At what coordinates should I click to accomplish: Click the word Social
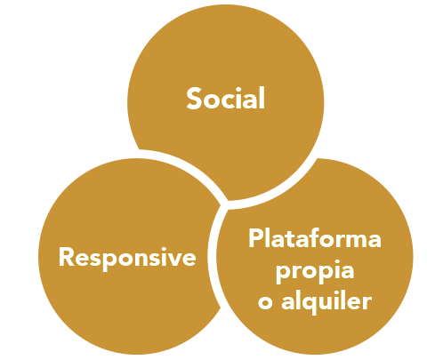point(225,98)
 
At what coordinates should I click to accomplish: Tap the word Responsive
point(127,258)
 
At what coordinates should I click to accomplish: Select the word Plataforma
point(315,238)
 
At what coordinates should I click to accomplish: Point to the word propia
point(315,271)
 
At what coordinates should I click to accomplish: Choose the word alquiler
point(326,302)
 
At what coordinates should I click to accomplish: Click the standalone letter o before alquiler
point(265,303)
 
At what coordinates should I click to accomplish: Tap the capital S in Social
point(194,99)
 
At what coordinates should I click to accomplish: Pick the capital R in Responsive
point(68,257)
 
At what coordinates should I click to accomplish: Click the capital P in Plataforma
point(256,237)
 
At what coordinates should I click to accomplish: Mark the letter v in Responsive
point(173,259)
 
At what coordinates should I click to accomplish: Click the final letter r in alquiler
point(366,303)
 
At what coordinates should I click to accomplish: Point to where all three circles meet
point(224,205)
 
